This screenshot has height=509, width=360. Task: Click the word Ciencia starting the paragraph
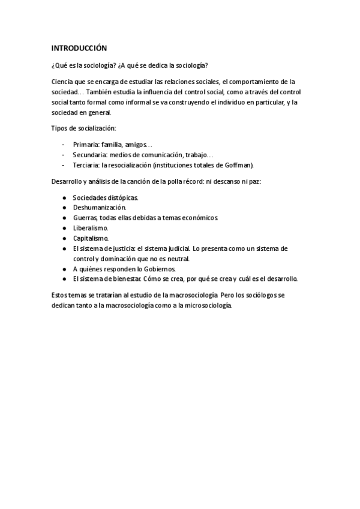(62, 81)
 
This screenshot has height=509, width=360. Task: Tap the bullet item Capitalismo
(91, 238)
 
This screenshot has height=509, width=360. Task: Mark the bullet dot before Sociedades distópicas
(64, 197)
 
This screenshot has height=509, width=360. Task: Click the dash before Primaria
(64, 145)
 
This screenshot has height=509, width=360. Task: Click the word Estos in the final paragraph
(60, 295)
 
